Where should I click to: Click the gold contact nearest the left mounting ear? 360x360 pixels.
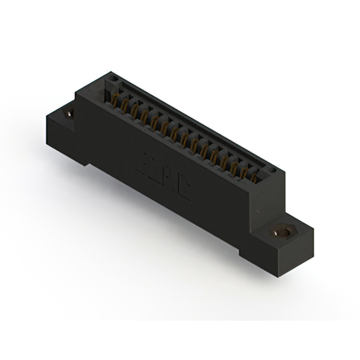(115, 101)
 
